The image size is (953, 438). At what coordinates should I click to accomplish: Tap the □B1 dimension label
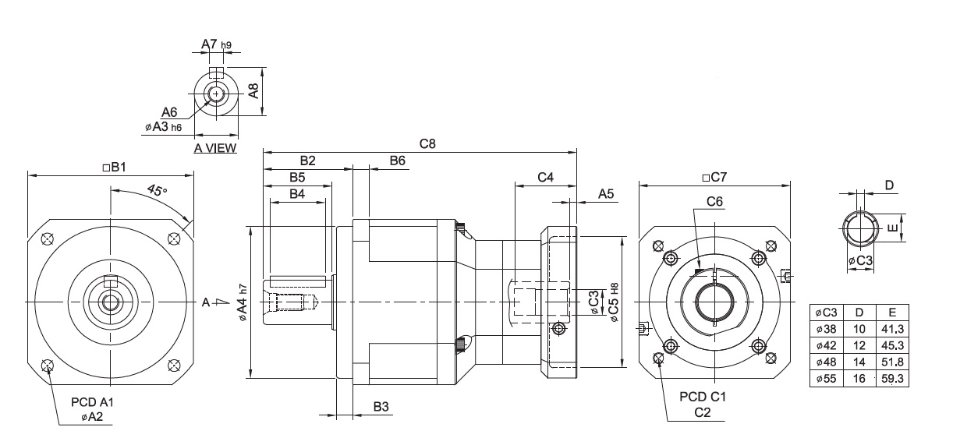114,167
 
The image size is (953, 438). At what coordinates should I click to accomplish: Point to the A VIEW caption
215,148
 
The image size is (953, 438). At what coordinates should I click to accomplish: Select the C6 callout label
714,201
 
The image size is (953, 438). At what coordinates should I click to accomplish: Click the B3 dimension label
381,406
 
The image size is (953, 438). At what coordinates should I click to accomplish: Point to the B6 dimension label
398,161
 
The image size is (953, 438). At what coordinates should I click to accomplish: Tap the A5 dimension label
606,194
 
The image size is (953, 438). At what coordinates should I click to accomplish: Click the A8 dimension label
254,90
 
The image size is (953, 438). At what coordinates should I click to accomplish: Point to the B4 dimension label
297,193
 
